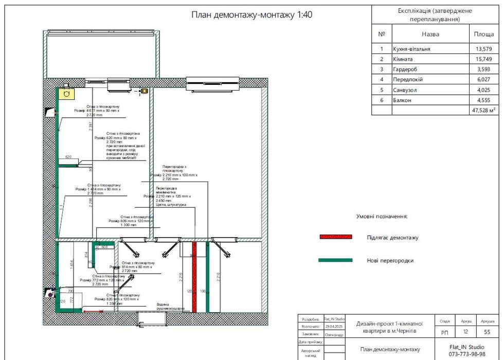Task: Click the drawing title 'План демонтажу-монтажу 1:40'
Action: tap(251, 14)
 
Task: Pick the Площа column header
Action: tap(483, 34)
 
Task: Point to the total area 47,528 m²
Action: tap(483, 110)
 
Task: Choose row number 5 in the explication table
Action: tap(382, 90)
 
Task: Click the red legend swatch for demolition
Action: tap(335, 237)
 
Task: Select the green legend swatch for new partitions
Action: tap(335, 260)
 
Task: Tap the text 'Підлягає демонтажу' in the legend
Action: tap(392, 238)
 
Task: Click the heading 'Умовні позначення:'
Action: tap(382, 217)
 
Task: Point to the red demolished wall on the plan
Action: tap(194, 283)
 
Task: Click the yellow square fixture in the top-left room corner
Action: tap(65, 94)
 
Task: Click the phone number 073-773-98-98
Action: tap(466, 354)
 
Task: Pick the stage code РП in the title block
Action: tap(445, 333)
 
